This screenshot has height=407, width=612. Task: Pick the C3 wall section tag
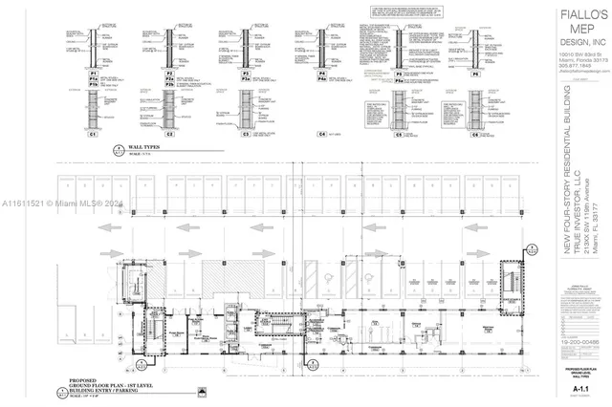[x=245, y=135]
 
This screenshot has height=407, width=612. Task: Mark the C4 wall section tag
[x=322, y=135]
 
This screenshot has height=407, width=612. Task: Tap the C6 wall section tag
[x=475, y=135]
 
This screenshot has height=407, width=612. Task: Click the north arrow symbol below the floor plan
[x=203, y=390]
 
